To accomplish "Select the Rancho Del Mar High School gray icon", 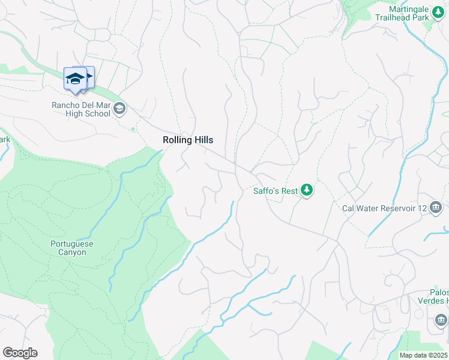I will tap(119, 109).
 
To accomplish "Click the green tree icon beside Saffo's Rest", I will tap(307, 190).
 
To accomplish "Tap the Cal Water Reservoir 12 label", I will tap(384, 209).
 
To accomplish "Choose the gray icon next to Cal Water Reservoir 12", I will tap(436, 208).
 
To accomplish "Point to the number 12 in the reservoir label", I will tap(421, 209).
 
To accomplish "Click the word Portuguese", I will tap(72, 244).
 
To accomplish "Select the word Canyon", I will tap(72, 252).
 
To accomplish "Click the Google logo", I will tap(20, 353).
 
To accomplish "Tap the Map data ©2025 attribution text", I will tap(424, 355).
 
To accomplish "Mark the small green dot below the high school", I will tap(133, 128).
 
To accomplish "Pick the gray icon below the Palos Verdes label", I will tap(441, 319).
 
